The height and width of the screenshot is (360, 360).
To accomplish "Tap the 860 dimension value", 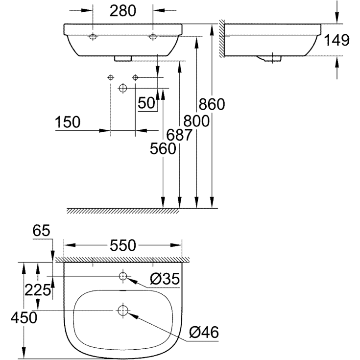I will pyautogui.click(x=211, y=104).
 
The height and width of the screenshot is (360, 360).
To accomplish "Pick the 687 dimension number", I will pyautogui.click(x=179, y=135).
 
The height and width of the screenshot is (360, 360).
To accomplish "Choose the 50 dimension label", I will pyautogui.click(x=146, y=103).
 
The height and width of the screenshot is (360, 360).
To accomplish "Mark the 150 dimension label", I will pyautogui.click(x=67, y=122).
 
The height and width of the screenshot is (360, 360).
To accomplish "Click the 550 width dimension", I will pyautogui.click(x=122, y=245).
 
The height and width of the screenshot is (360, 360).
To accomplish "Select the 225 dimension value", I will pyautogui.click(x=37, y=290).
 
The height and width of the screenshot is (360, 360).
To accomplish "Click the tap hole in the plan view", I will pyautogui.click(x=122, y=277).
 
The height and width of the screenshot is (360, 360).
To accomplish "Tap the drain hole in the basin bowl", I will pyautogui.click(x=122, y=310).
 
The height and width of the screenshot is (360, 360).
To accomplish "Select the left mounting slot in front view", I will pyautogui.click(x=93, y=37).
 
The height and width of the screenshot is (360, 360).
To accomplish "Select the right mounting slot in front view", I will pyautogui.click(x=153, y=37).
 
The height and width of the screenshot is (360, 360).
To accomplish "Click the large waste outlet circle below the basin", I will pyautogui.click(x=123, y=88).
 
